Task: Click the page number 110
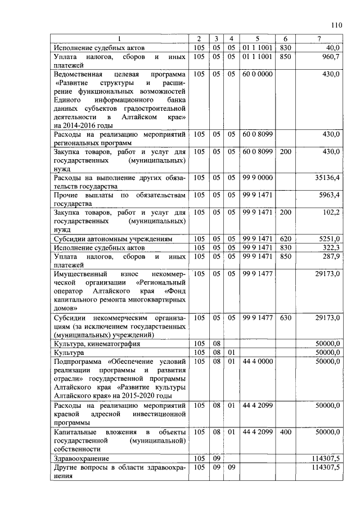pyautogui.click(x=336, y=25)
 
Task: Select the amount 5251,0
pyautogui.click(x=329, y=239)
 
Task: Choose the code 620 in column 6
pyautogui.click(x=285, y=239)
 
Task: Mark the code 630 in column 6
pyautogui.click(x=285, y=318)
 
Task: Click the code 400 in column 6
pyautogui.click(x=285, y=431)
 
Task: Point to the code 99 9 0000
pyautogui.click(x=257, y=178)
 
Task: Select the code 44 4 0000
pyautogui.click(x=257, y=361)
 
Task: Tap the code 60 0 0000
pyautogui.click(x=257, y=74)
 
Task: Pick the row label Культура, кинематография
pyautogui.click(x=97, y=344)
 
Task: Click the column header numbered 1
pyautogui.click(x=119, y=38)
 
